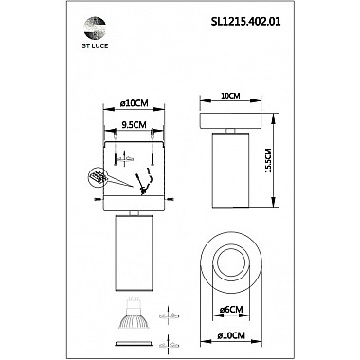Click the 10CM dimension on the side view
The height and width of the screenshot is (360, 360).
(227, 96)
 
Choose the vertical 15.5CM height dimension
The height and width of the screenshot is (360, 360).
(268, 163)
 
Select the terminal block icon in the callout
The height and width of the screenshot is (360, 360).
(98, 176)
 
